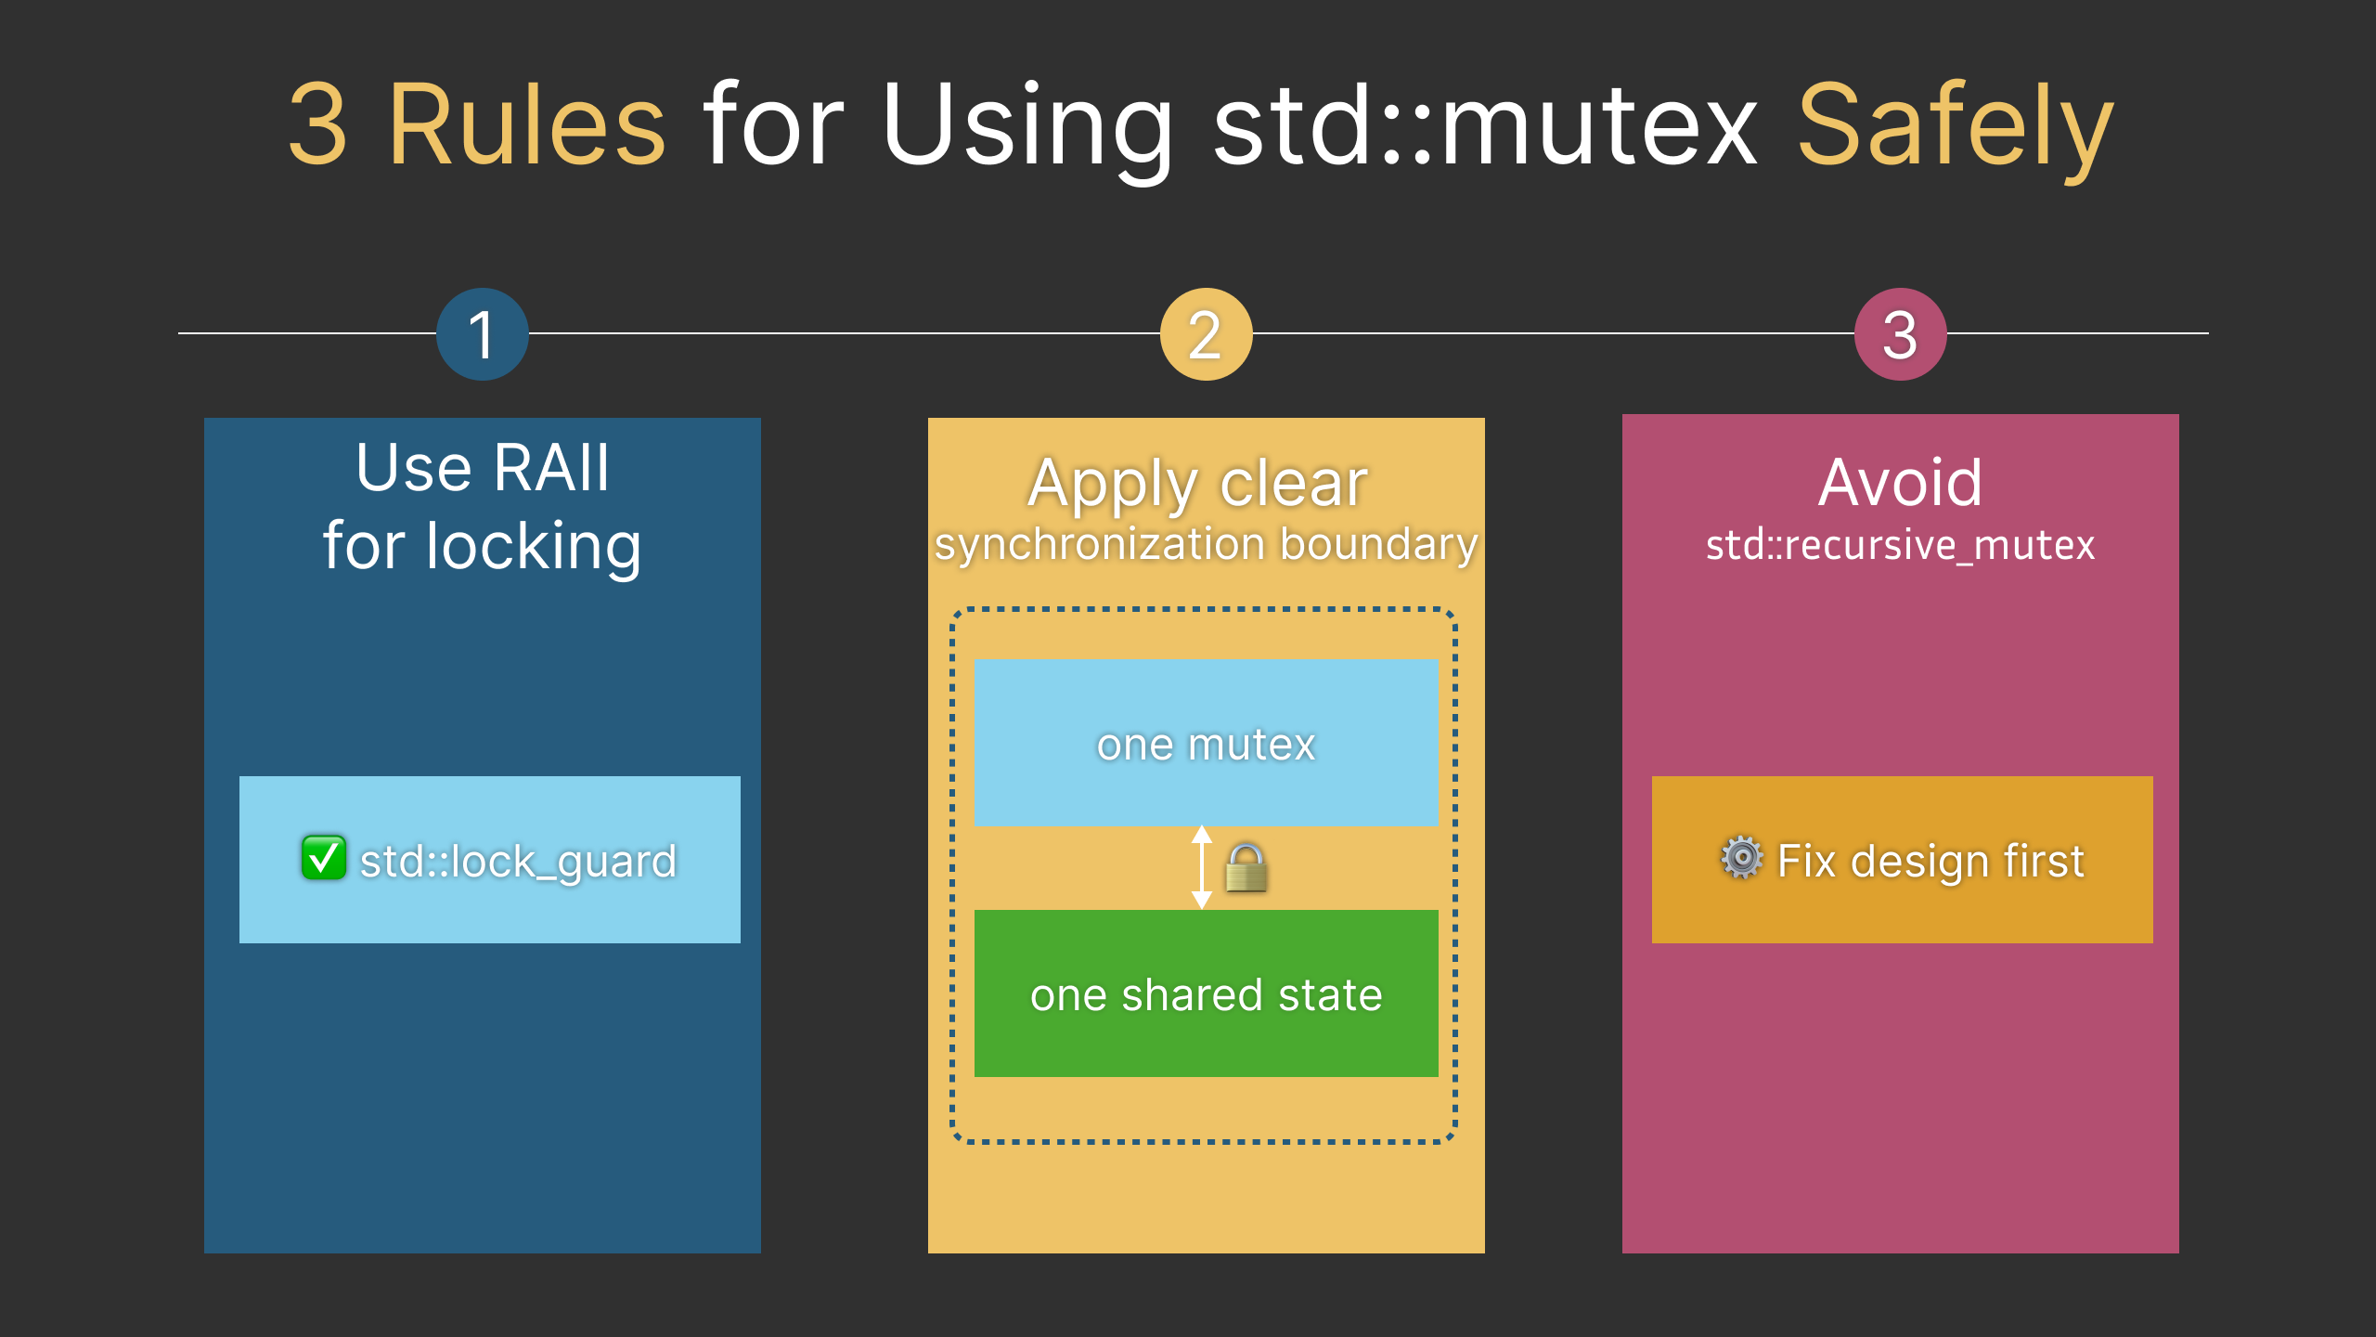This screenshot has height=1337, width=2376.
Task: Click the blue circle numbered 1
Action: pos(482,334)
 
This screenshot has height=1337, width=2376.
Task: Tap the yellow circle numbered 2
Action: pos(1206,334)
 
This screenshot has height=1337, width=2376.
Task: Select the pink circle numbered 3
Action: pos(1900,334)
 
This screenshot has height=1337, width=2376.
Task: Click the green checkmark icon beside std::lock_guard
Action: pos(324,858)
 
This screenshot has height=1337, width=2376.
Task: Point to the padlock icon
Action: pos(1246,868)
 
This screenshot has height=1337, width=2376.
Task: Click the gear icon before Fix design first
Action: pos(1742,858)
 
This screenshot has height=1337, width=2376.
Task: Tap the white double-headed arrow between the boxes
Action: pos(1202,867)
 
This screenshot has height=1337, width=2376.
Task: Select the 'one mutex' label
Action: pos(1206,745)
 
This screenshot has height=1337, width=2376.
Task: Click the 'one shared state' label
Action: pos(1206,995)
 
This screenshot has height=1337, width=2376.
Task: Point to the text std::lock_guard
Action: pos(518,862)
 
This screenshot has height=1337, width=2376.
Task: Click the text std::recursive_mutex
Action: pos(1900,545)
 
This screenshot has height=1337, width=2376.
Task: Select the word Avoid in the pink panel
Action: pos(1900,483)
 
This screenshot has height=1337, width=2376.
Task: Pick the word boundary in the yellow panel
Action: pos(1378,545)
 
